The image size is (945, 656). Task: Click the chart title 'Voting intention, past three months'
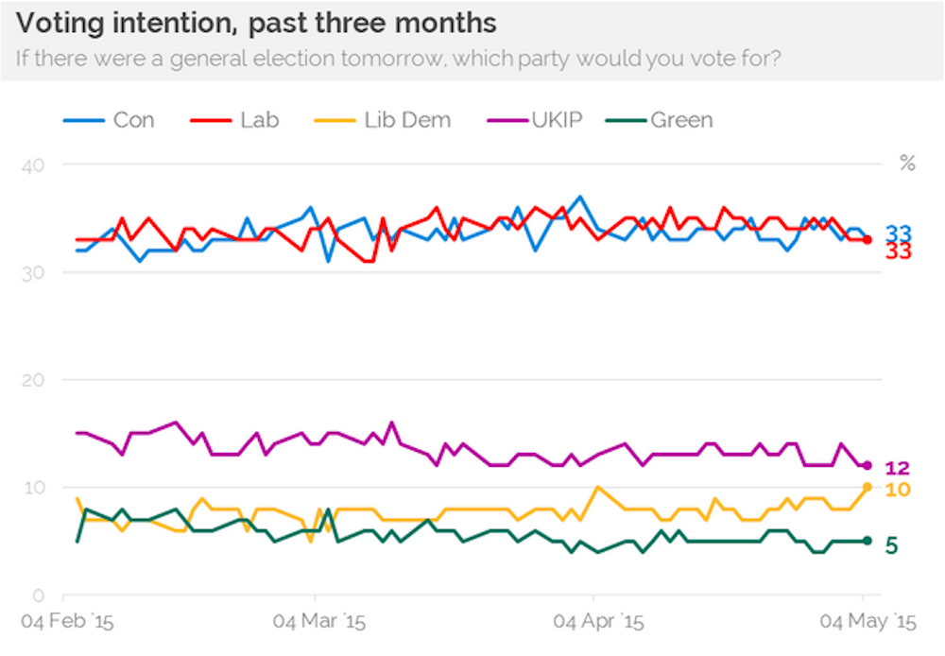pyautogui.click(x=256, y=23)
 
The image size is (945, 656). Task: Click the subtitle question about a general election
pyautogui.click(x=397, y=59)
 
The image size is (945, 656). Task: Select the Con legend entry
pyautogui.click(x=109, y=120)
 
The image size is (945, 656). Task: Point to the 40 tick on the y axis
pyautogui.click(x=34, y=164)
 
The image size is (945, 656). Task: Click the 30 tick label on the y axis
pyautogui.click(x=34, y=272)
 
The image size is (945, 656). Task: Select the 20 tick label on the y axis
pyautogui.click(x=34, y=380)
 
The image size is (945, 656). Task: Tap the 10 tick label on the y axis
pyautogui.click(x=34, y=488)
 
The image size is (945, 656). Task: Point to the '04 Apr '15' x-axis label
pyautogui.click(x=597, y=623)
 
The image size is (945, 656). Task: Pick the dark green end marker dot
pyautogui.click(x=867, y=541)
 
